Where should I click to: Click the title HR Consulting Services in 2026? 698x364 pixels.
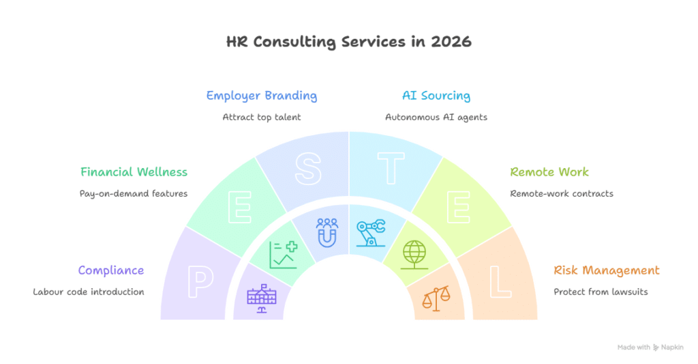[x=348, y=42]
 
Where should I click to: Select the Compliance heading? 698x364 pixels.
[x=111, y=270]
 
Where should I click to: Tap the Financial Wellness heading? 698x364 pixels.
[x=134, y=172]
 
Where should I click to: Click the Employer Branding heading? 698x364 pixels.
[x=261, y=96]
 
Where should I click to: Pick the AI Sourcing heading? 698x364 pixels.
[x=436, y=96]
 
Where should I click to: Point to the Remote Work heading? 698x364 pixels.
[x=549, y=172]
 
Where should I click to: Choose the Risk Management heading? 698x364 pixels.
[x=607, y=270]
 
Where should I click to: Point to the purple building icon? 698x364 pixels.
[x=262, y=299]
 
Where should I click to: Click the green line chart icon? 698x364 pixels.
[x=283, y=254]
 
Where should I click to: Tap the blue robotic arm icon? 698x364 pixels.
[x=370, y=232]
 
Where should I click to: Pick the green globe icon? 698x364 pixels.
[x=414, y=254]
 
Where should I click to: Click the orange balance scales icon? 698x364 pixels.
[x=436, y=298]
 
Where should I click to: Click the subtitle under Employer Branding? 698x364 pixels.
[x=261, y=117]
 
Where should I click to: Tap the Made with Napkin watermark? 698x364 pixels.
[x=650, y=347]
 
